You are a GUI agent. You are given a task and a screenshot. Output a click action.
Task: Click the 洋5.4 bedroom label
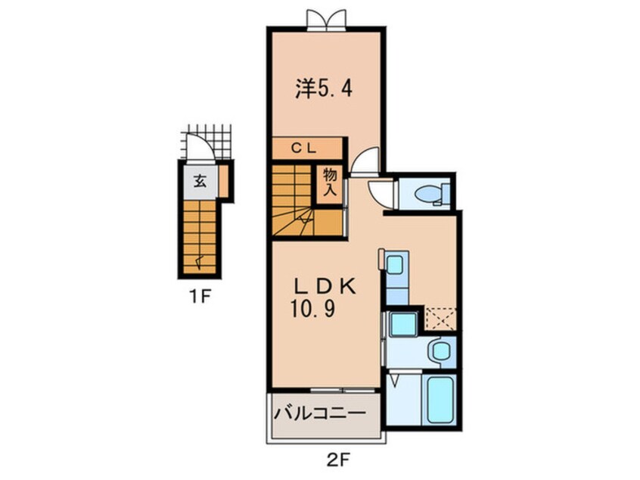(x=322, y=89)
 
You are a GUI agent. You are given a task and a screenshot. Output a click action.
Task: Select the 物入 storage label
(x=331, y=182)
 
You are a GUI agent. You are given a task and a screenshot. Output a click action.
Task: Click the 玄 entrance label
(x=199, y=181)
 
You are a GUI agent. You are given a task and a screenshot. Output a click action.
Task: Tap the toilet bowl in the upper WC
(x=429, y=195)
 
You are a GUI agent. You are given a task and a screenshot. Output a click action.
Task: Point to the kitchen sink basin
(x=394, y=265)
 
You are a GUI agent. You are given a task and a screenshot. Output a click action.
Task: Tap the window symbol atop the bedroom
(x=326, y=19)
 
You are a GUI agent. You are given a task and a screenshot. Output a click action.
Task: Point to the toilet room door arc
(x=381, y=194)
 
